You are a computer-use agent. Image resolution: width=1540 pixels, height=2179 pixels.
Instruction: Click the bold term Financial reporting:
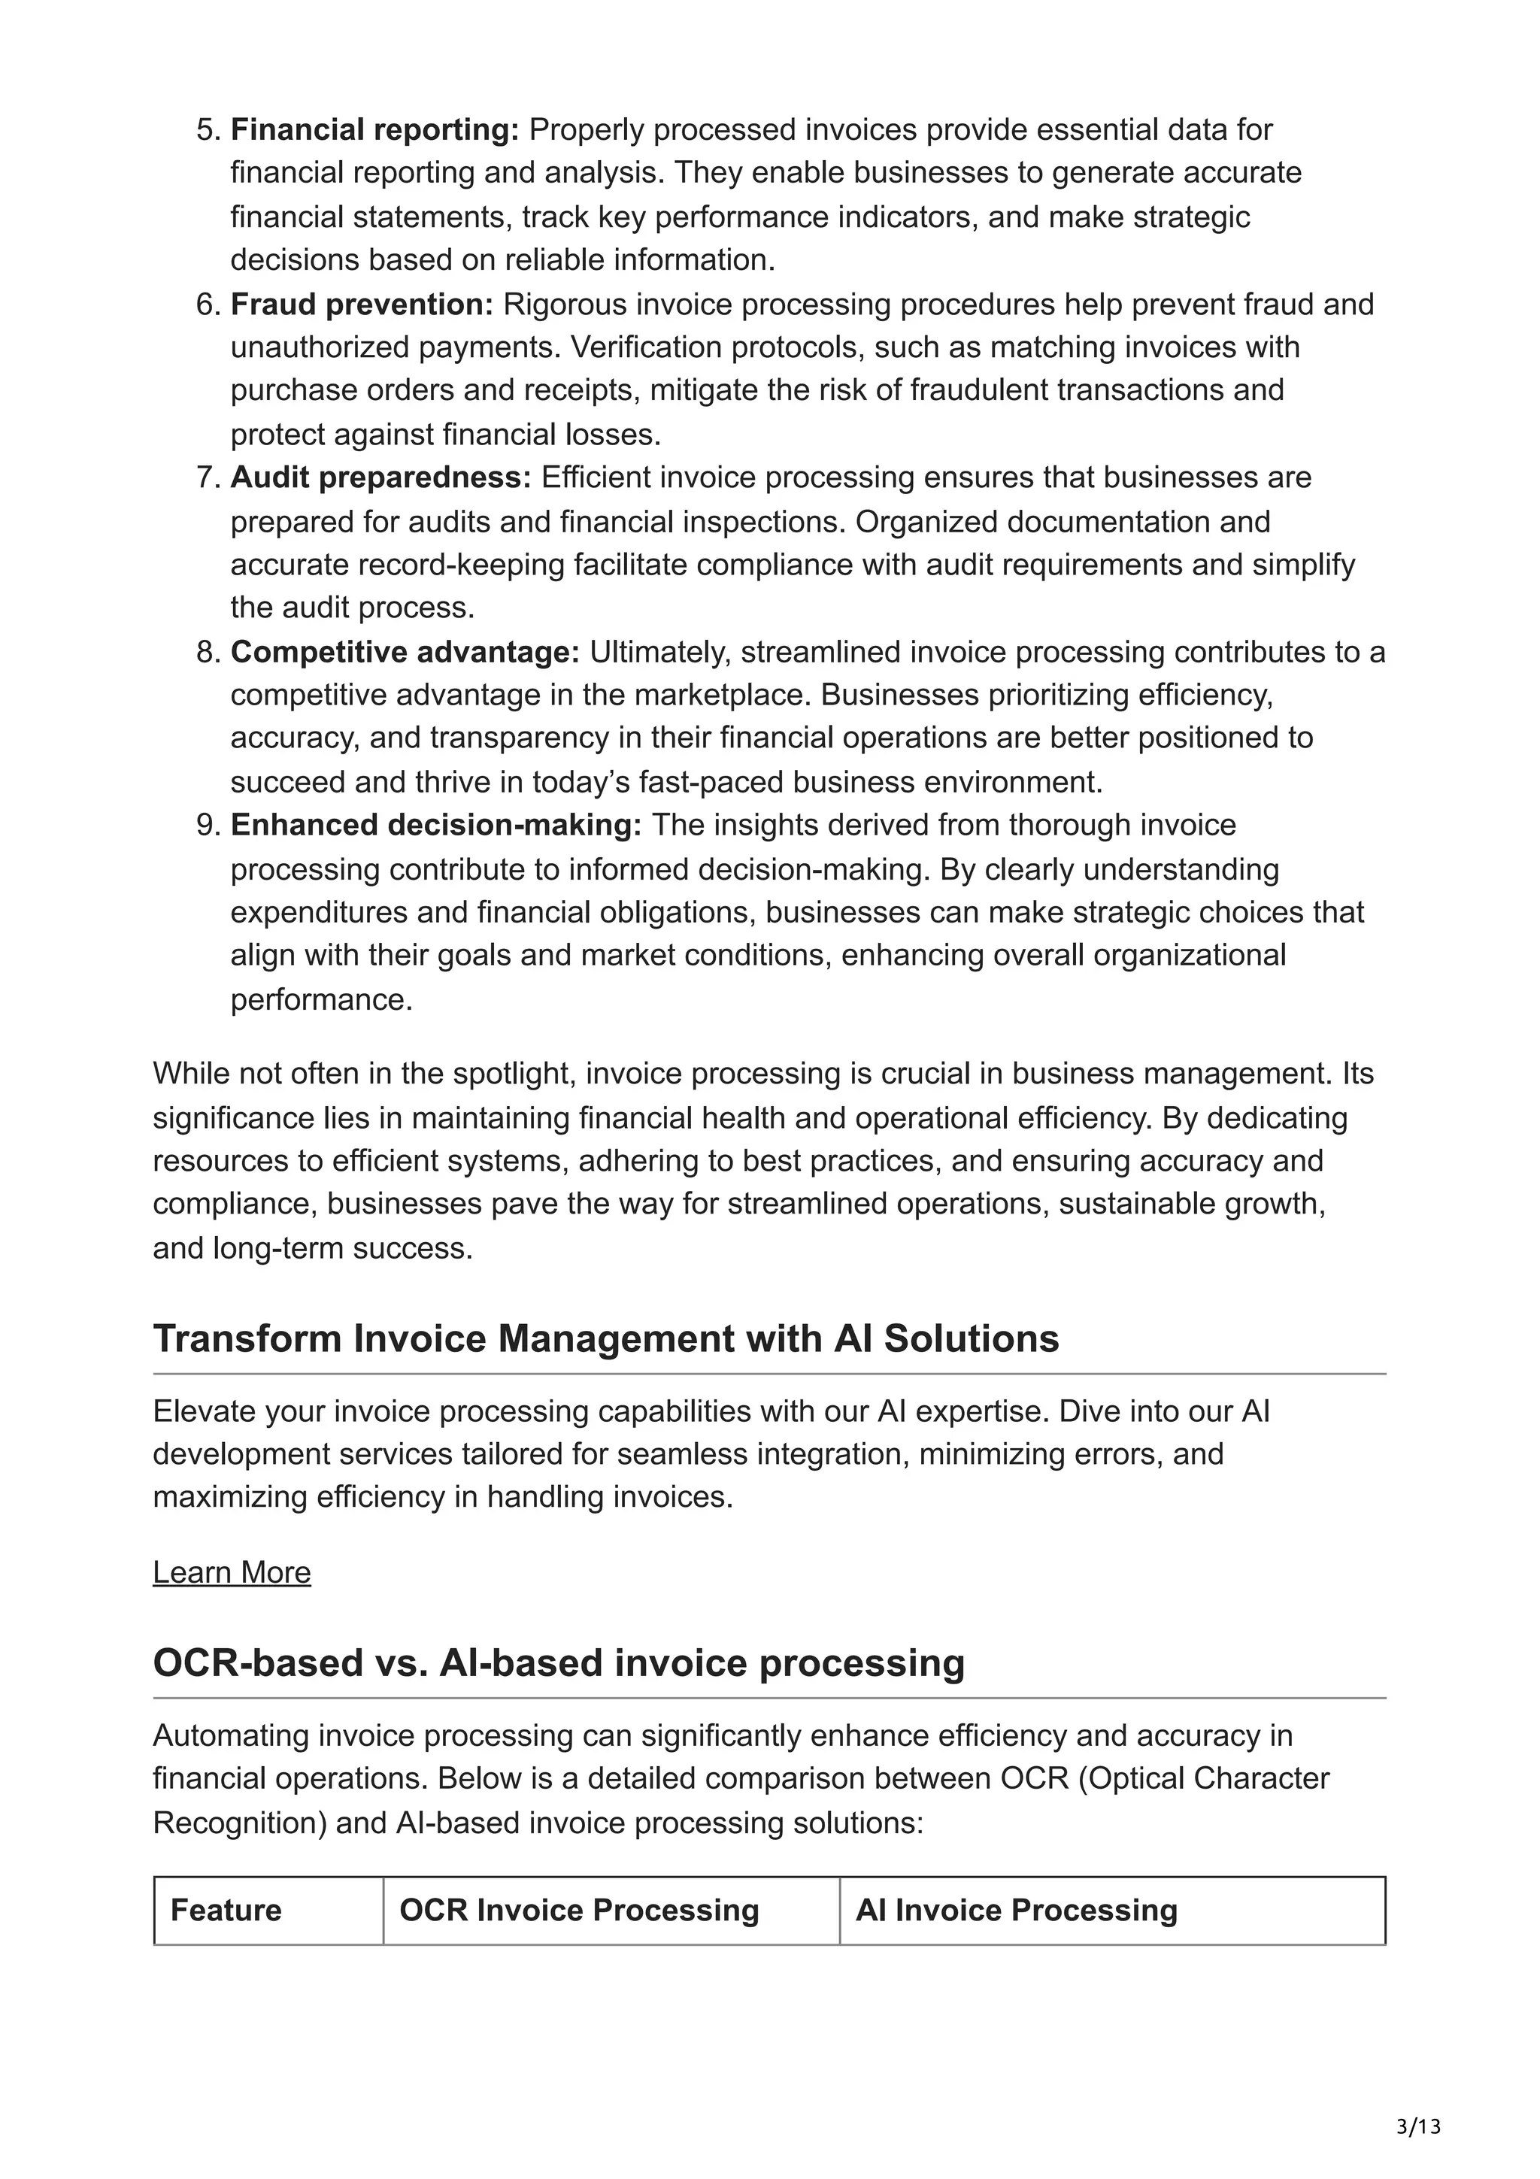pyautogui.click(x=374, y=129)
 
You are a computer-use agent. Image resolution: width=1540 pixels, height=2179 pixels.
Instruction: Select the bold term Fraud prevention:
pyautogui.click(x=362, y=304)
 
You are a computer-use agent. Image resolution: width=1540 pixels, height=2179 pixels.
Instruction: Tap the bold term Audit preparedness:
pyautogui.click(x=380, y=477)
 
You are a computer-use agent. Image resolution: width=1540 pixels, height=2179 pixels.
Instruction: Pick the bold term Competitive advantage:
pyautogui.click(x=405, y=652)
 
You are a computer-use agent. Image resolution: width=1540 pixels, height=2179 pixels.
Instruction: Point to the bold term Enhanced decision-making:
pyautogui.click(x=435, y=825)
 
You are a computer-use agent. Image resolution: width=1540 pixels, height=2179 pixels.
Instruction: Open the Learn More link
pyautogui.click(x=232, y=1571)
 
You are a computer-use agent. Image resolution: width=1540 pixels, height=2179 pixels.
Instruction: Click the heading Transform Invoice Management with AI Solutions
pyautogui.click(x=605, y=1338)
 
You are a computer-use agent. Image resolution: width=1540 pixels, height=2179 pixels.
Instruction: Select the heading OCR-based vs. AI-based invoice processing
pyautogui.click(x=558, y=1662)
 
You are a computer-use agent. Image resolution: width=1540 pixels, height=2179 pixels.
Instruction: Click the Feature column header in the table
pyautogui.click(x=226, y=1910)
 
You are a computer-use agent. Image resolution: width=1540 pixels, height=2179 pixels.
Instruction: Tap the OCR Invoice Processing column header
pyautogui.click(x=579, y=1910)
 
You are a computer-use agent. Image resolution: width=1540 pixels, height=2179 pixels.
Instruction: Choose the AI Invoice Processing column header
pyautogui.click(x=1016, y=1910)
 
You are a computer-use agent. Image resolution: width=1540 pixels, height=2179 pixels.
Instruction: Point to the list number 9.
pyautogui.click(x=208, y=825)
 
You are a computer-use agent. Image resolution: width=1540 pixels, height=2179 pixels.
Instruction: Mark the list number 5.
pyautogui.click(x=208, y=129)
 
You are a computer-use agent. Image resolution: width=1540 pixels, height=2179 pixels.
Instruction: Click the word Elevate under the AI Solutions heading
pyautogui.click(x=204, y=1411)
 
